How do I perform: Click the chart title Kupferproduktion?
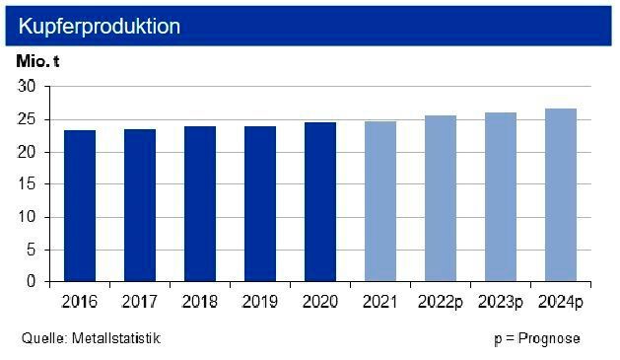point(100,27)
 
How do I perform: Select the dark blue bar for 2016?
point(79,205)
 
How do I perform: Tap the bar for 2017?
point(139,205)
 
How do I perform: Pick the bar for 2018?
point(199,204)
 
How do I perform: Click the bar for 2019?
point(259,204)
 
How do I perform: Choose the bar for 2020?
point(319,202)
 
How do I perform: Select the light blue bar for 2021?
point(379,201)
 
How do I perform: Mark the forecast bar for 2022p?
point(440,198)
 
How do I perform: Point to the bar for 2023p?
point(500,197)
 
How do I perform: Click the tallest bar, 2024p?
point(560,195)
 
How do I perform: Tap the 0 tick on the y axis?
point(32,281)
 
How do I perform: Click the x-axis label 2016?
point(79,300)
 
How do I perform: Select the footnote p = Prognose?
point(536,338)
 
